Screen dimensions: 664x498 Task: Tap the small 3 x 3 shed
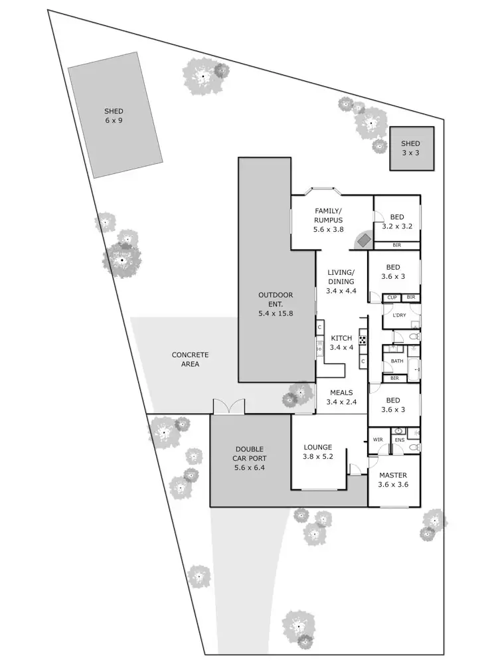pyautogui.click(x=411, y=148)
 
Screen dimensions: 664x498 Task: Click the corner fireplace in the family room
pyautogui.click(x=363, y=240)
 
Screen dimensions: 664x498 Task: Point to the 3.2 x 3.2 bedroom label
pyautogui.click(x=397, y=222)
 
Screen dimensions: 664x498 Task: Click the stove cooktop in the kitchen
pyautogui.click(x=363, y=339)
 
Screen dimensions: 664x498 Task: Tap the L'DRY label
pyautogui.click(x=399, y=315)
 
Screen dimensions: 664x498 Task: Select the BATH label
pyautogui.click(x=397, y=361)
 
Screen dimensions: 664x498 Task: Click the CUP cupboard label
pyautogui.click(x=392, y=297)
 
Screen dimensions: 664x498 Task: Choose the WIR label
pyautogui.click(x=378, y=440)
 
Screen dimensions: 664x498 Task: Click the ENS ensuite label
pyautogui.click(x=399, y=440)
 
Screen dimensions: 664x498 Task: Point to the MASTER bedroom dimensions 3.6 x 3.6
pyautogui.click(x=392, y=485)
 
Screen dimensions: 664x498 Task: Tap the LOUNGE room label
pyautogui.click(x=318, y=447)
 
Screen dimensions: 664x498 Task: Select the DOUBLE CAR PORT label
pyautogui.click(x=249, y=458)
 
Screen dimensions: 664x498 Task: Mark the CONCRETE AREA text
pyautogui.click(x=191, y=359)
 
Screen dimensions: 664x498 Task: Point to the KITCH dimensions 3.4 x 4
pyautogui.click(x=341, y=347)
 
